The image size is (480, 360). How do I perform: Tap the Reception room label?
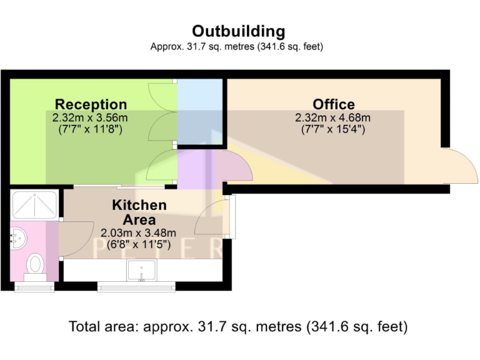[x=91, y=104]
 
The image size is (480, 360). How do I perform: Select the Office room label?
[x=333, y=104]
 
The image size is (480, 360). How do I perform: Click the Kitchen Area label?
[x=139, y=212]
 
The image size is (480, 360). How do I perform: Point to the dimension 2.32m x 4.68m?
[x=333, y=117]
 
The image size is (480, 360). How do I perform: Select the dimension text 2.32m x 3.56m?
[x=91, y=117]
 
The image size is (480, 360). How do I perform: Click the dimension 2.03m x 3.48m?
[x=139, y=233]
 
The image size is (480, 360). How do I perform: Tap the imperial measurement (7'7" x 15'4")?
[x=333, y=129]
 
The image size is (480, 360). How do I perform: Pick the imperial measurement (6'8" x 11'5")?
[x=139, y=244]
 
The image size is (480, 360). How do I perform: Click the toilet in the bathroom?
[x=35, y=264]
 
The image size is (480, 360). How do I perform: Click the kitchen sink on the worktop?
[x=142, y=271]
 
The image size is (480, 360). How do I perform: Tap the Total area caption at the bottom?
[x=238, y=326]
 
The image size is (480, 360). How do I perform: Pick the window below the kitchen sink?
[x=136, y=287]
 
